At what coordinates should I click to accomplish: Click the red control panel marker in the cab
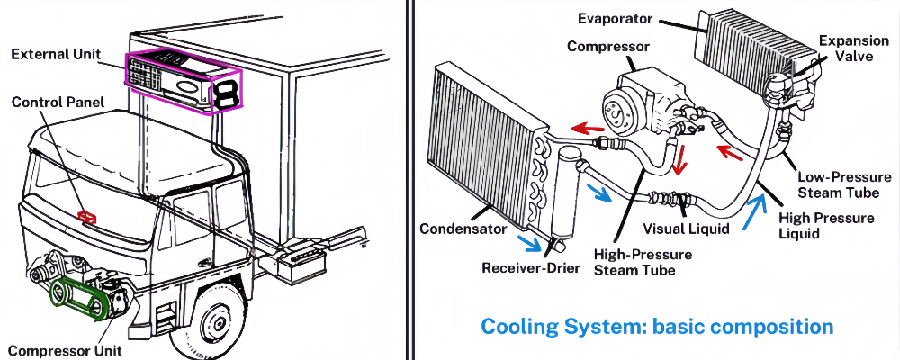88,217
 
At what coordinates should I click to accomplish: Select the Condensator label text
463,229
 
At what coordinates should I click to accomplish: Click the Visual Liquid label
685,229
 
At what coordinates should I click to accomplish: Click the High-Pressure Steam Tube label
643,263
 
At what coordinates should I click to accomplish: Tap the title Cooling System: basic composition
657,326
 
